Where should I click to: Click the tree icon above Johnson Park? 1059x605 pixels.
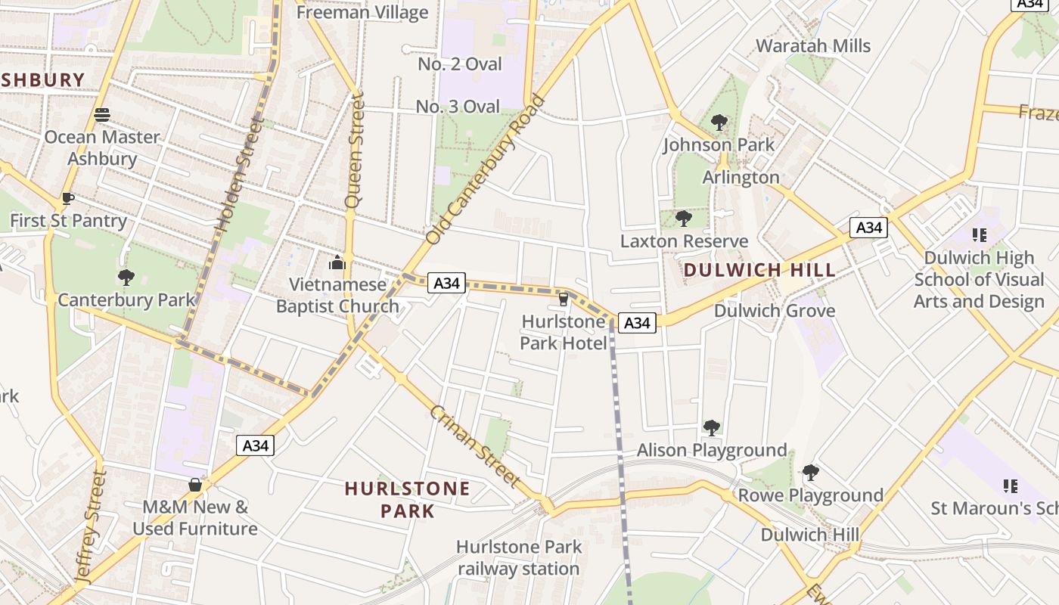point(719,122)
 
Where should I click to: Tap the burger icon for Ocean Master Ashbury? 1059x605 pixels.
point(103,115)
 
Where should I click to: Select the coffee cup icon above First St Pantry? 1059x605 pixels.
point(68,199)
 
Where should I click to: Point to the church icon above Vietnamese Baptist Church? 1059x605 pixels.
point(337,263)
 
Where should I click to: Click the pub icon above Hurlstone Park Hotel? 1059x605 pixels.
point(563,299)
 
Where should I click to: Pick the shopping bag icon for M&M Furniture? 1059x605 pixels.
point(195,485)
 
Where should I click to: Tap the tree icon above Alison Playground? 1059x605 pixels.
point(711,428)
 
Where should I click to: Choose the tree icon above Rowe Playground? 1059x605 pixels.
point(810,473)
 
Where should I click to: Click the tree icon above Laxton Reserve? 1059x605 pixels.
point(684,219)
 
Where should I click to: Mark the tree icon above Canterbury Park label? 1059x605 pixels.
point(126,278)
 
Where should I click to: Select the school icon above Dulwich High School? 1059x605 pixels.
point(980,235)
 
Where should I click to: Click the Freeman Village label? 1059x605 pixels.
point(362,12)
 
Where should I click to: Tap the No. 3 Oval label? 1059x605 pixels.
point(458,107)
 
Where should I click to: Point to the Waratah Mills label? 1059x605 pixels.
point(813,45)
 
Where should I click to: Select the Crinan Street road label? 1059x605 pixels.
point(475,445)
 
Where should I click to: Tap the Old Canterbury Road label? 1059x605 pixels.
point(485,169)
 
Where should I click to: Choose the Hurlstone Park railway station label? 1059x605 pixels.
point(519,557)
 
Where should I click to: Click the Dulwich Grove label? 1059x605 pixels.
point(775,311)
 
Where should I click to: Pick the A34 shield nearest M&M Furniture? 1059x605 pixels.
point(256,445)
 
